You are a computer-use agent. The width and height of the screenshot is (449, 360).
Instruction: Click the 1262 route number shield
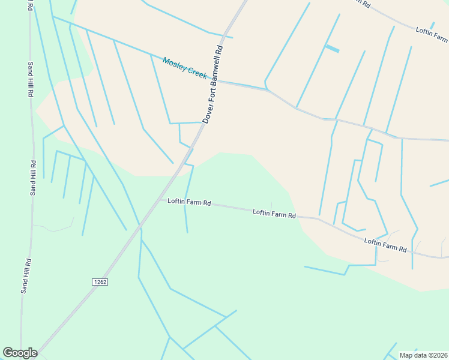pos(100,281)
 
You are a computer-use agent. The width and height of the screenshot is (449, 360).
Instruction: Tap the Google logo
pos(20,353)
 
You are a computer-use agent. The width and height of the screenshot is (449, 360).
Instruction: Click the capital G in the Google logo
pos(8,353)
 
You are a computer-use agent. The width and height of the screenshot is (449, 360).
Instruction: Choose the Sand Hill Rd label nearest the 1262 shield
pos(26,276)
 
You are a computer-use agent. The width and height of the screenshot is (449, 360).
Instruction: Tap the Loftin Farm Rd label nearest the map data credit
pos(385,244)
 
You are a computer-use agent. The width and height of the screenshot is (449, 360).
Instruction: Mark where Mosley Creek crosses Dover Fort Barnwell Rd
pos(217,80)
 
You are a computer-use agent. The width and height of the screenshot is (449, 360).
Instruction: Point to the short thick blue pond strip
pos(332,49)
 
